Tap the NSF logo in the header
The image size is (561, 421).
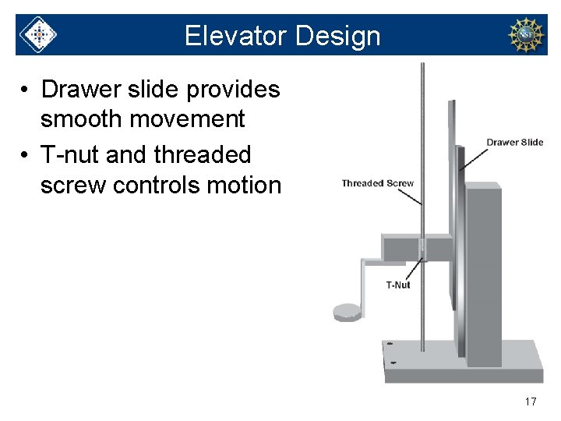(x=526, y=35)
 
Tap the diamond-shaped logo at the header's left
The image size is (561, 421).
(x=37, y=35)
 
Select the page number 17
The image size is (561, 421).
(x=530, y=402)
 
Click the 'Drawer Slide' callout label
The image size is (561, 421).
(x=515, y=142)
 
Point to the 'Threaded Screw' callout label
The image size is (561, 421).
(x=378, y=183)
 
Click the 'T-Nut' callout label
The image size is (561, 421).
(x=398, y=285)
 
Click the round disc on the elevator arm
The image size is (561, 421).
(x=348, y=313)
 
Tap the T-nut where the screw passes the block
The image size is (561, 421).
(x=423, y=249)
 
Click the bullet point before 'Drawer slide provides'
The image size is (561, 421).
(x=26, y=90)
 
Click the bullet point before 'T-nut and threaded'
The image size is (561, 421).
(x=26, y=155)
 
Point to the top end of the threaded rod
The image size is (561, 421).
(x=422, y=65)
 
